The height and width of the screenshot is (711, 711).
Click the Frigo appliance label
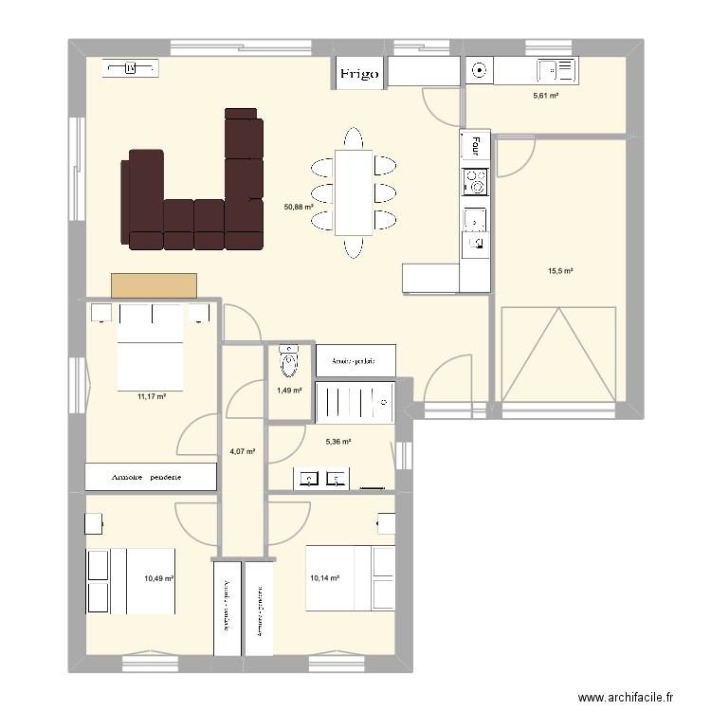pos(360,73)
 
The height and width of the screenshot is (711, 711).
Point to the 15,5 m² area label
pos(560,271)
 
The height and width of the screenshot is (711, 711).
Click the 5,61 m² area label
pos(546,95)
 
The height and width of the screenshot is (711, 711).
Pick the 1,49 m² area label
pos(289,390)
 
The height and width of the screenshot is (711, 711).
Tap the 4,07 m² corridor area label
pos(244,451)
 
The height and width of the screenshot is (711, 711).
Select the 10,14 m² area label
pos(325,576)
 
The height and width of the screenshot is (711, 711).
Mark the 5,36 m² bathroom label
pos(338,441)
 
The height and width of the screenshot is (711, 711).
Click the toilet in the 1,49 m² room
pos(289,360)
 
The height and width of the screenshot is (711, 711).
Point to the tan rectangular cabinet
pos(154,285)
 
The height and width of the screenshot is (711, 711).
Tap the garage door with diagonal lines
pos(559,353)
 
